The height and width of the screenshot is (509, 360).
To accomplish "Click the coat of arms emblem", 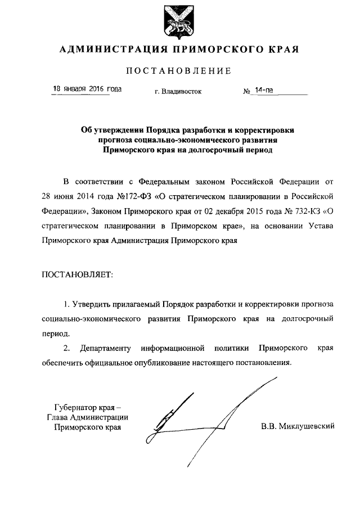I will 179,20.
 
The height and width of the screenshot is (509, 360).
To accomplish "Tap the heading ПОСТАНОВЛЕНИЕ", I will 179,71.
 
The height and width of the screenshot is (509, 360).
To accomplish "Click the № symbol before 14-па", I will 246,91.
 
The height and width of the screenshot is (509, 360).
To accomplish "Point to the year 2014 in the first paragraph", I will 84,198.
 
